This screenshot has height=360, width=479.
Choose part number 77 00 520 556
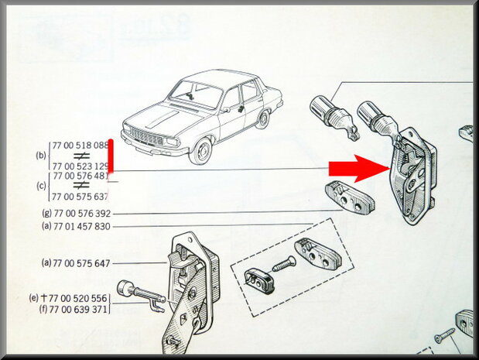coord(80,298)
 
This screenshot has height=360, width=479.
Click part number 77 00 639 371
coord(81,309)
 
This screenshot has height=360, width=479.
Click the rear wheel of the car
coord(264,118)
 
